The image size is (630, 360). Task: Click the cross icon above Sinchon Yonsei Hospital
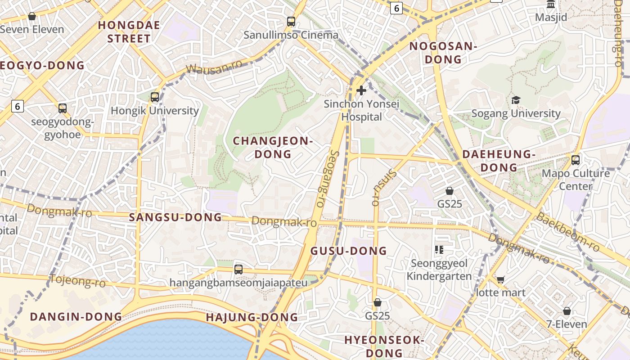tap(361, 91)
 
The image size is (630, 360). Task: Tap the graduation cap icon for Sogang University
tap(516, 100)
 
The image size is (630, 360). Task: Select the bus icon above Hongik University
tap(155, 97)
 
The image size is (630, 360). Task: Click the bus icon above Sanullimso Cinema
tap(291, 21)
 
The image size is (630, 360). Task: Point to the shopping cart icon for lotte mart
tap(500, 279)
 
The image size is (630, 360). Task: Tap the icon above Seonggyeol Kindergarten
tap(439, 250)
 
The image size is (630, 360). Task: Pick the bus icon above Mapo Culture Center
tap(575, 160)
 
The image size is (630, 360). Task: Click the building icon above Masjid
tap(550, 4)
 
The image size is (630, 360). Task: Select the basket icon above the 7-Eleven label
tap(567, 311)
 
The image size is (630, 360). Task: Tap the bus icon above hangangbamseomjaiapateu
tap(238, 270)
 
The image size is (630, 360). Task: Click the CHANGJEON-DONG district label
tap(273, 148)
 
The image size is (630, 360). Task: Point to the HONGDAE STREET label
tap(129, 31)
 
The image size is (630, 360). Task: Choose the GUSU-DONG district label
tap(349, 251)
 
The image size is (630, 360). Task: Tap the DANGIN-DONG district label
tap(76, 317)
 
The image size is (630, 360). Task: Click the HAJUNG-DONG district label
tap(252, 318)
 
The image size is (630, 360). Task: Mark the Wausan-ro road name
tap(213, 67)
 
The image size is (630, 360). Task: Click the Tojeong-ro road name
tap(77, 281)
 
